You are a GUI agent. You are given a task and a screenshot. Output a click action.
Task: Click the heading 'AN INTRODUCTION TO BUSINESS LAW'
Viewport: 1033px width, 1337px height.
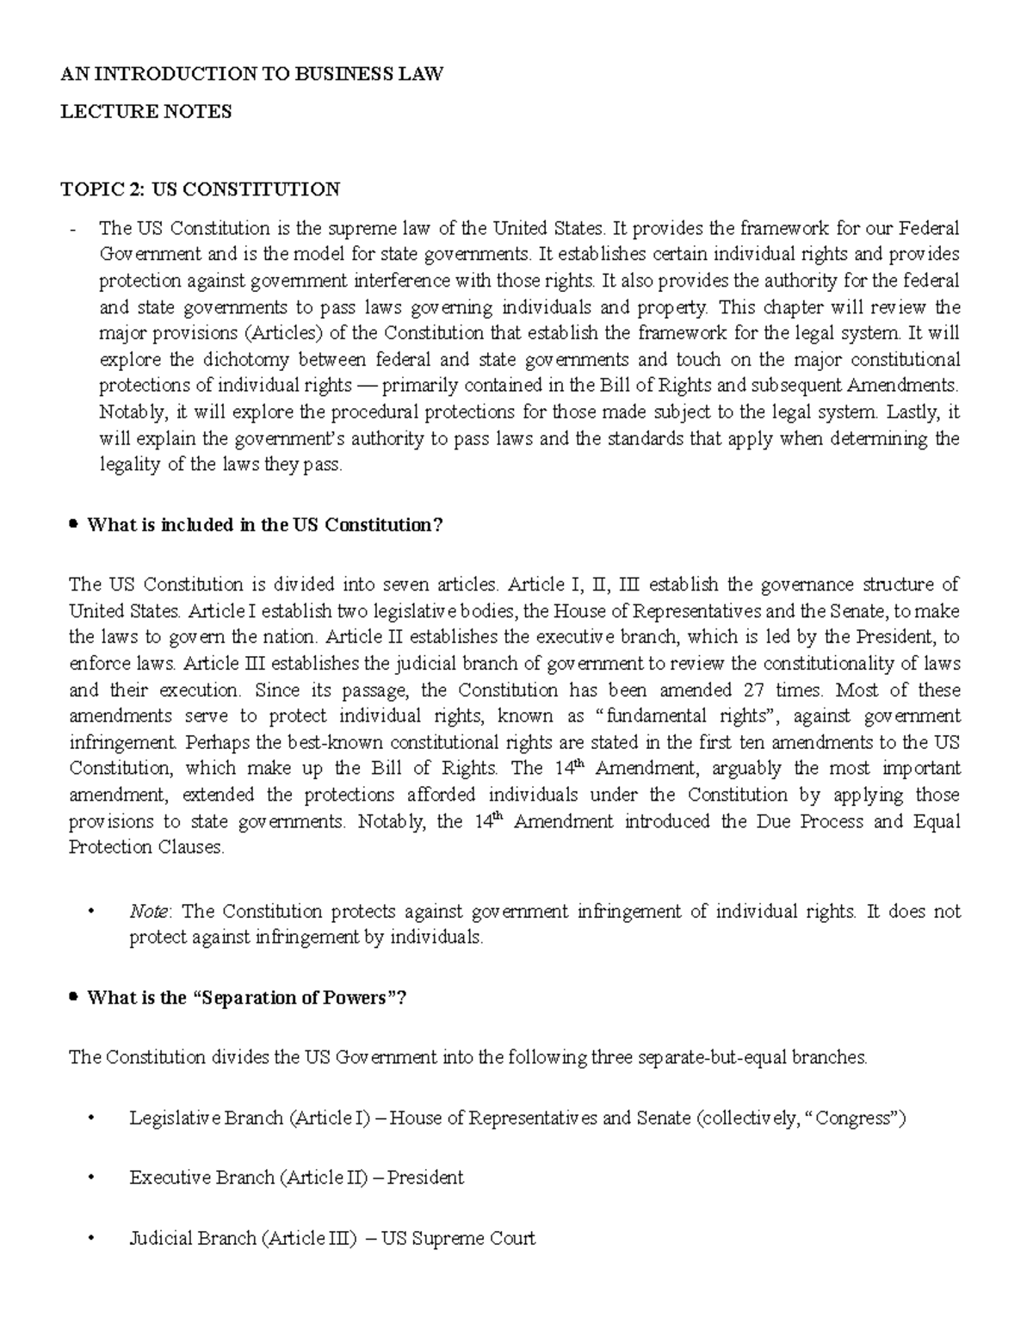coord(251,74)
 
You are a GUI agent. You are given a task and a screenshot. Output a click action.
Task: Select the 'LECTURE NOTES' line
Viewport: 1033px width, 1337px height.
coord(145,112)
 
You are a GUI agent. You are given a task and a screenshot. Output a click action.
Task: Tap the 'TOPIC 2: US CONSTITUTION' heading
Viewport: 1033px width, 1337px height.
coord(200,189)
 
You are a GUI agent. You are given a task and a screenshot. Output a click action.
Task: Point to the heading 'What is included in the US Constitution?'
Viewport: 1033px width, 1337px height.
coord(264,525)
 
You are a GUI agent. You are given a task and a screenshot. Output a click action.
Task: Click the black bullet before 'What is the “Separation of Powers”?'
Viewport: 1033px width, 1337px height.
coord(74,997)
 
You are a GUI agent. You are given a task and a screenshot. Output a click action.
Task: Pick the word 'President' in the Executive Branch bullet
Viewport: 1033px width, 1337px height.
coord(425,1178)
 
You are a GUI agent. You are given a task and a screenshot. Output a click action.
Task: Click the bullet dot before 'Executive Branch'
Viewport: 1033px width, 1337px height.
coord(91,1178)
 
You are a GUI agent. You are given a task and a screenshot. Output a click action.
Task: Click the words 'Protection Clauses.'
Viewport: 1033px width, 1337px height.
coord(146,847)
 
